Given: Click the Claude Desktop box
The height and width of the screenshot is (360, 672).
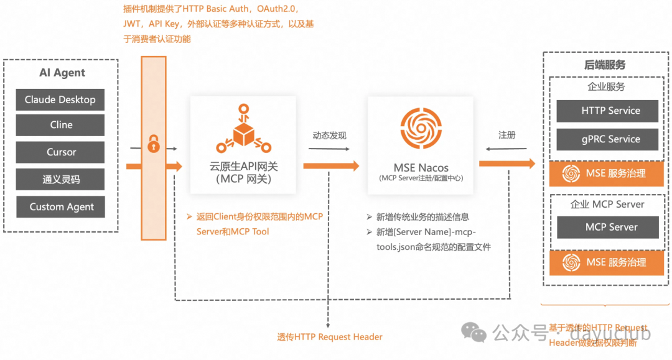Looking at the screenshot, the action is [60, 99].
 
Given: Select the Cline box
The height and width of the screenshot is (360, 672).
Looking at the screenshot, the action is [60, 125].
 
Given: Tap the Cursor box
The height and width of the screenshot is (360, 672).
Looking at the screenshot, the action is [60, 152].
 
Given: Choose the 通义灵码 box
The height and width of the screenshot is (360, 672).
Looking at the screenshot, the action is [60, 180].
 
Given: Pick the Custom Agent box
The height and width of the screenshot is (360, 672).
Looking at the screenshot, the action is [60, 207].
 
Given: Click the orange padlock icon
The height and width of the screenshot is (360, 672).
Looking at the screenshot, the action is [153, 144].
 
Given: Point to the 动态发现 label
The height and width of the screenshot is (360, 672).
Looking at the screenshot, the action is [329, 136].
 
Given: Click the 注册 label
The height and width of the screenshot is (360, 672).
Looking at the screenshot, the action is [506, 135].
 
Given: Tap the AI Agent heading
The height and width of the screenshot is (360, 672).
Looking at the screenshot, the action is [62, 73].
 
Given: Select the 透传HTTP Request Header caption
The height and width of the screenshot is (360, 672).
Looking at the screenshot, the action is [330, 337].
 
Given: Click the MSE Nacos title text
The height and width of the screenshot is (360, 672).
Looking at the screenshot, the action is [421, 167].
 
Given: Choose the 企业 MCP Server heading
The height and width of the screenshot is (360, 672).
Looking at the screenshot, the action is [607, 204].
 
